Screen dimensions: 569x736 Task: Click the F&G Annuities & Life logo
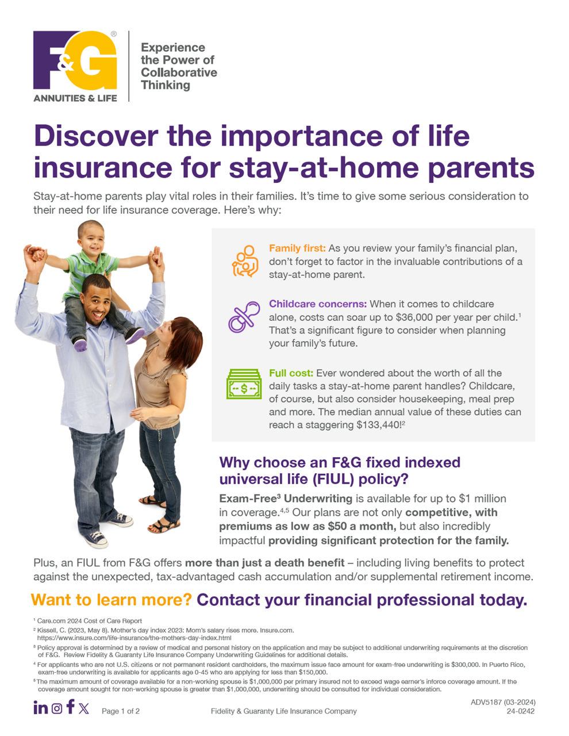pos(75,66)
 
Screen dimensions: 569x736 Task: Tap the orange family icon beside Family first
pos(245,261)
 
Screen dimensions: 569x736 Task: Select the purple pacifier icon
pos(244,316)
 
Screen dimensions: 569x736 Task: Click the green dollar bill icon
pos(244,384)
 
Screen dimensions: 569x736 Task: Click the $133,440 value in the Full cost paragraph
pos(378,425)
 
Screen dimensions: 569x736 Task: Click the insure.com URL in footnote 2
pos(134,638)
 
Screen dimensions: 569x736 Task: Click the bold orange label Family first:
pos(297,248)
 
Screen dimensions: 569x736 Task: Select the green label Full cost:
pos(291,373)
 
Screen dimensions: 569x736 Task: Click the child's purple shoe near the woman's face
pos(135,335)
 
